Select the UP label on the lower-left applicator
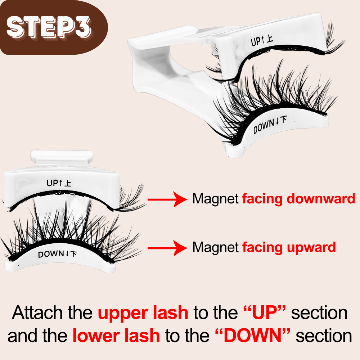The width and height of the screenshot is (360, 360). point(59,183)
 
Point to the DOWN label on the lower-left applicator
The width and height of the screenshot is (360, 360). point(57,254)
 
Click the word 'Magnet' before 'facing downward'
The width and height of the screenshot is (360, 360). point(215,199)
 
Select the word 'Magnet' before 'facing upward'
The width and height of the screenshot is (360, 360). point(215,247)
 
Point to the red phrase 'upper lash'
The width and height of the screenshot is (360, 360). point(143,313)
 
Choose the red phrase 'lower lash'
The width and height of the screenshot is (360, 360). point(116,336)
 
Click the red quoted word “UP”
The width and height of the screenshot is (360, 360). point(262,313)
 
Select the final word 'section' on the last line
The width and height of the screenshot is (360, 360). point(324,336)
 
